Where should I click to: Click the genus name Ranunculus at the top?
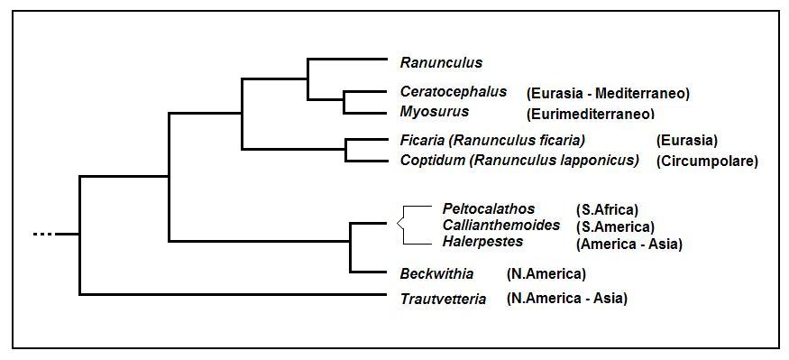(x=441, y=62)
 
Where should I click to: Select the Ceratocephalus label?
(x=454, y=92)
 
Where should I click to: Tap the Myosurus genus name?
(x=435, y=111)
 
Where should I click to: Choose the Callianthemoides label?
(x=501, y=225)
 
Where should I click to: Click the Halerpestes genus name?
(x=482, y=241)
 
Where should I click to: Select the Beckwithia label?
(x=436, y=274)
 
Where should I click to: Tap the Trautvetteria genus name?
(x=444, y=299)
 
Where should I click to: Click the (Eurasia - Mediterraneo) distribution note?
(x=608, y=93)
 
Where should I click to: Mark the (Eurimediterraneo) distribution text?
(x=591, y=115)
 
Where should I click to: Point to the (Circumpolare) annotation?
(x=707, y=162)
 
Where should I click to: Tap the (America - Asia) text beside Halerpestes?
(x=628, y=245)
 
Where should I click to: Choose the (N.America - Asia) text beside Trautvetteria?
(x=567, y=298)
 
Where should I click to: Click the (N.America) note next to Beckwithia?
(x=546, y=274)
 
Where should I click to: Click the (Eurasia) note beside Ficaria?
(x=687, y=141)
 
